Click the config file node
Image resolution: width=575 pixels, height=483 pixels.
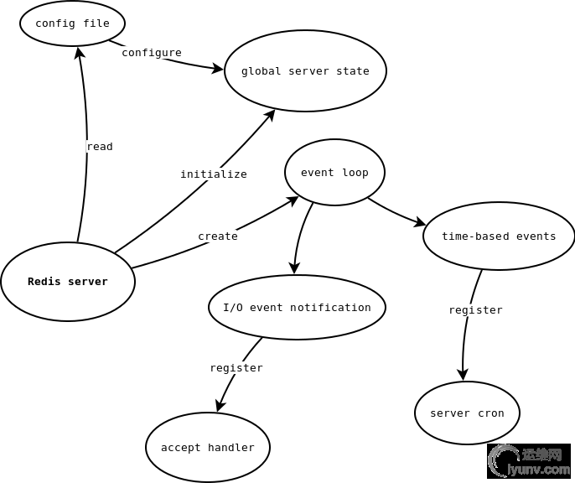coord(72,23)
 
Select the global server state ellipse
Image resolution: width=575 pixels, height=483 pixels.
coord(305,71)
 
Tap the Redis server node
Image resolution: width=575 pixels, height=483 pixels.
coord(68,282)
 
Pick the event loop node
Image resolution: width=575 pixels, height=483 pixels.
coord(334,173)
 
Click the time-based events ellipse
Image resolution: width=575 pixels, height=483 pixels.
coord(499,236)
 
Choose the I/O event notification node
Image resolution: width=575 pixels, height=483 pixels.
coord(297,308)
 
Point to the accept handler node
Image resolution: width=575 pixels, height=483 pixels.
coord(208,448)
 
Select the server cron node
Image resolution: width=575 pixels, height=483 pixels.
coord(467,413)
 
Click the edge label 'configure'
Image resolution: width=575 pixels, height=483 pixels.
coord(152,53)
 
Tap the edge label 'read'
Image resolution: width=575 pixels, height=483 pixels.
coord(100,147)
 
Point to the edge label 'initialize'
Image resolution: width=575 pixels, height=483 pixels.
coord(214,174)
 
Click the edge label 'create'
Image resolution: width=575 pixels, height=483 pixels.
coord(218,236)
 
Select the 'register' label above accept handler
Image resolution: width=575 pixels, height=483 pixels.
coord(236,368)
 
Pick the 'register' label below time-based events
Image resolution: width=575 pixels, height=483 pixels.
coord(475,310)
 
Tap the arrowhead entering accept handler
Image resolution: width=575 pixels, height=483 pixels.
coord(219,407)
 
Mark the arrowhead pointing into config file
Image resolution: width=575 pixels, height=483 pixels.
coord(80,52)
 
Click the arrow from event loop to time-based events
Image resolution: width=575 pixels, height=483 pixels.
coord(396,212)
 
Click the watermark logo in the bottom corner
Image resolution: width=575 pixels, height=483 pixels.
coord(528,460)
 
